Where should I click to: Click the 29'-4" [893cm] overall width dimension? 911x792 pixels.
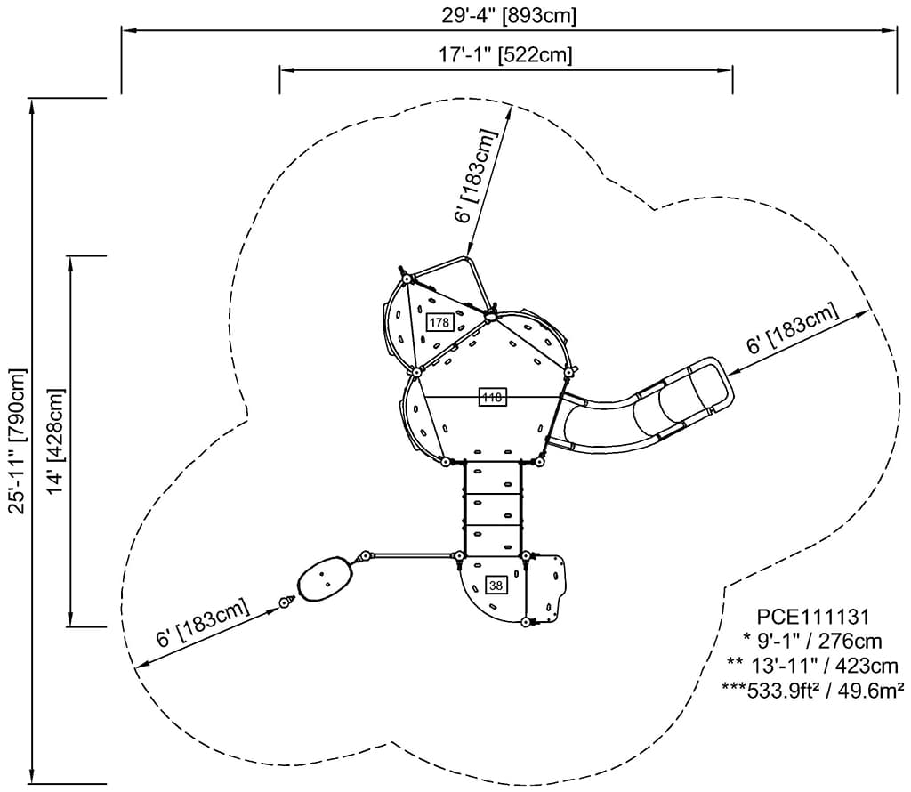[x=509, y=15]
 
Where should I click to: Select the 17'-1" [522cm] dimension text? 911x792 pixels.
[x=505, y=55]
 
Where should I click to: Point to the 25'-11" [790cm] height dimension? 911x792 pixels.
[x=17, y=440]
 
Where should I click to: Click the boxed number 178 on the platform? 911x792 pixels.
[x=439, y=322]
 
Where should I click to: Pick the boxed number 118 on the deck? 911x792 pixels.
[x=492, y=398]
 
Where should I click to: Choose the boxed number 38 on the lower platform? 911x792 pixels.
[x=496, y=585]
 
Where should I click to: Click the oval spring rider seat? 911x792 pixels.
[x=326, y=579]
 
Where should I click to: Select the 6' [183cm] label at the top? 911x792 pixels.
[x=474, y=175]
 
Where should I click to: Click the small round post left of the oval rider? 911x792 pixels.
[x=286, y=602]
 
